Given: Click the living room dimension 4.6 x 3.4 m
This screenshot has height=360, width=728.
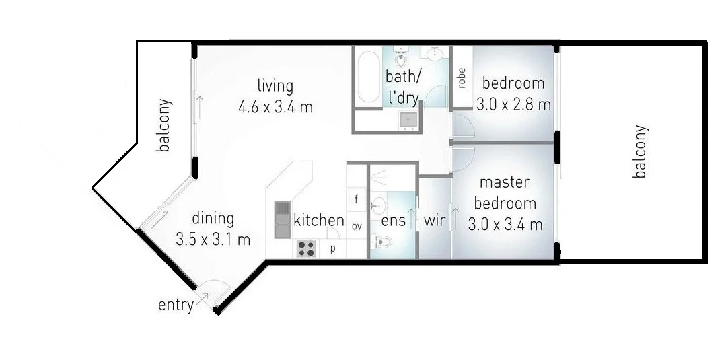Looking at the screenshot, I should click(275, 107).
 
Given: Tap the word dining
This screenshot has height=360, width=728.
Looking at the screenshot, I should click(213, 219).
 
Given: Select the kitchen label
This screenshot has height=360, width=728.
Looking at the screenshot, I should click(319, 220).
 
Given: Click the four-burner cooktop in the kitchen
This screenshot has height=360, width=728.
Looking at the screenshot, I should click(306, 248).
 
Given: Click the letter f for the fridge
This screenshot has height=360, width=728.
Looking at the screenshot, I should click(356, 199).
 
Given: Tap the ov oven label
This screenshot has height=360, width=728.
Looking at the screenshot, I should click(357, 226).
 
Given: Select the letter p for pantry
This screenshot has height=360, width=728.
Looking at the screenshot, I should click(332, 249).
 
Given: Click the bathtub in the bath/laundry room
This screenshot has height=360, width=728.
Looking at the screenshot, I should click(368, 78).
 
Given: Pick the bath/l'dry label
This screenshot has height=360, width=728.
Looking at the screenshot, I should click(403, 85).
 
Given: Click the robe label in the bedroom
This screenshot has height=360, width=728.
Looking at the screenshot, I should click(462, 79).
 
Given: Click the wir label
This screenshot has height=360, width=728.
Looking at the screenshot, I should click(435, 221).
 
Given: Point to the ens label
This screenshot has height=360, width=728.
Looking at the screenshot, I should click(394, 221).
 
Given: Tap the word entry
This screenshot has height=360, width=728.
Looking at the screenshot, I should click(176, 305).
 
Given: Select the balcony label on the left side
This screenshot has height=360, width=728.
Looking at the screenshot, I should click(163, 125).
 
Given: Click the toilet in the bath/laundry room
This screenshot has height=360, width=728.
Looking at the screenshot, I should click(402, 53).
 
